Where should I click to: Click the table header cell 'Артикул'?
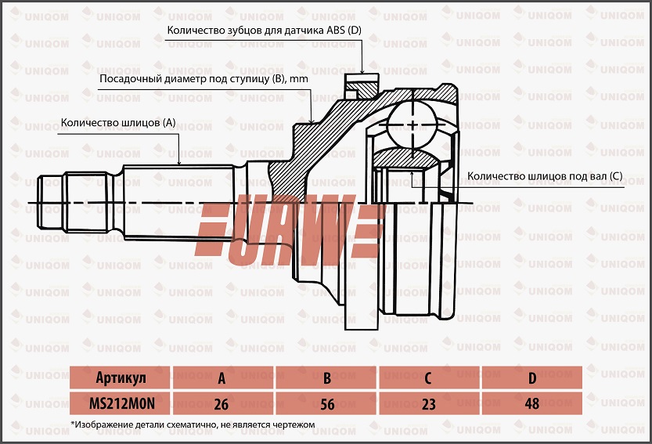(x=120, y=378)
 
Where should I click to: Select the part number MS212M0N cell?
(x=120, y=403)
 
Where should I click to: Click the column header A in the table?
(x=222, y=378)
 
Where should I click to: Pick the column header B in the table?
(x=326, y=378)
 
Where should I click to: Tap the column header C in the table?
(x=428, y=378)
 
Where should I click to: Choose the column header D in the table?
(x=532, y=378)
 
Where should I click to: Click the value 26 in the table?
(x=222, y=403)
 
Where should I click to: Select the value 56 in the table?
(x=326, y=403)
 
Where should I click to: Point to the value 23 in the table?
(x=428, y=403)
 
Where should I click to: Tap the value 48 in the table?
(x=532, y=403)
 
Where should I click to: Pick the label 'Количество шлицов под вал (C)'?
(x=544, y=176)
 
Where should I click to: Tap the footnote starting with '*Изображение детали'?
(x=192, y=424)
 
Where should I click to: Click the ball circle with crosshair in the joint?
(x=412, y=125)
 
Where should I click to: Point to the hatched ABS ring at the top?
(x=361, y=85)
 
